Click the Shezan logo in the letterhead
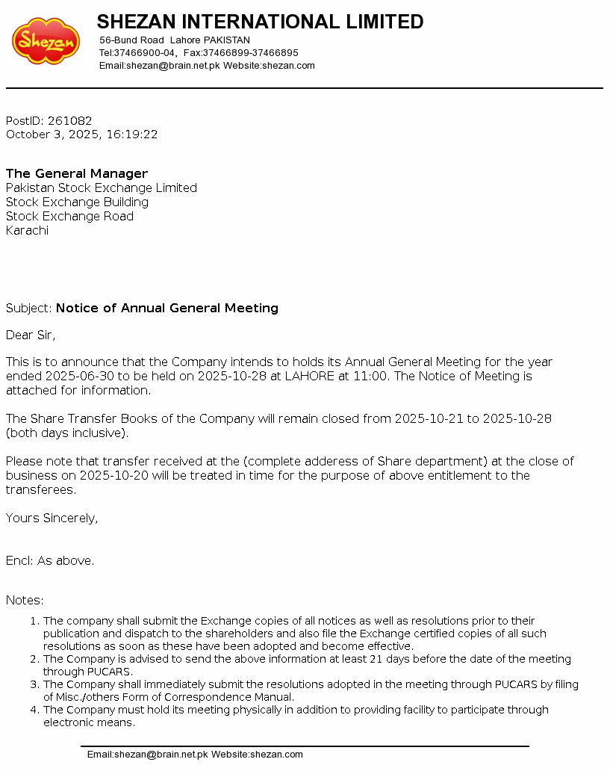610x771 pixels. (x=46, y=41)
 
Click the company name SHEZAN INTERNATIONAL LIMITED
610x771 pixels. (x=260, y=22)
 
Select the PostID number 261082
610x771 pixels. (x=69, y=121)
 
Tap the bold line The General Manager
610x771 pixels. (x=77, y=174)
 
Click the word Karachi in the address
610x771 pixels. (x=27, y=231)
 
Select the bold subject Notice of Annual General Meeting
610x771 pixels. (x=167, y=309)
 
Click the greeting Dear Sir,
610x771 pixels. (x=31, y=335)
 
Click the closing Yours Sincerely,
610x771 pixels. (x=52, y=518)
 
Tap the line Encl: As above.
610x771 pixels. (x=50, y=561)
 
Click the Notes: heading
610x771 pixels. (x=25, y=601)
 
